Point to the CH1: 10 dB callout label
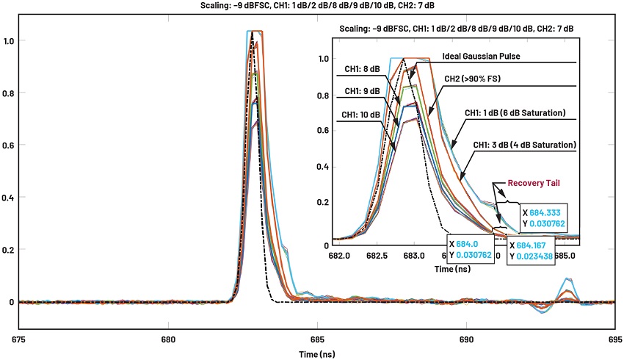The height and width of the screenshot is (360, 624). coord(360,115)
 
